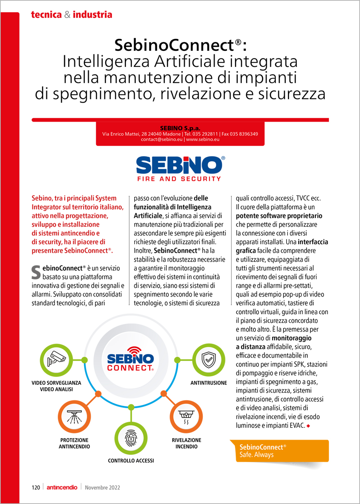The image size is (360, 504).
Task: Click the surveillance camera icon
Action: coord(56,360)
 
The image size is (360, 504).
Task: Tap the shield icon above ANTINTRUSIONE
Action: coord(208,360)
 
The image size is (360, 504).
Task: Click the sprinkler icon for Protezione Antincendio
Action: coord(75,417)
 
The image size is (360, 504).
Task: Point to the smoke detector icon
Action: coord(186,417)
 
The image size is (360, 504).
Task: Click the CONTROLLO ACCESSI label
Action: coord(131,460)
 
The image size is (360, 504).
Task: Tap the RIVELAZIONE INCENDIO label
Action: coord(186,443)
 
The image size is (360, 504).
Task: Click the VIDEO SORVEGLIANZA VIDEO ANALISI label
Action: coord(56,386)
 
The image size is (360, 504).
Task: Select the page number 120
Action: coord(36,487)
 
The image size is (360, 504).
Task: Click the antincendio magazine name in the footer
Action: coord(62,487)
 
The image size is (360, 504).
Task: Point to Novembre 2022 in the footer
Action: coord(102,487)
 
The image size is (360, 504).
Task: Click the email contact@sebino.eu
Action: coord(162,139)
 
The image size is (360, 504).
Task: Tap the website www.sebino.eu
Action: coord(203,139)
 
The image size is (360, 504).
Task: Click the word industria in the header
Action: coord(92,15)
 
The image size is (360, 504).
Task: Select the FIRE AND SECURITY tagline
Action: coord(179,179)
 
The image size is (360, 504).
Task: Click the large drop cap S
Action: coord(36,272)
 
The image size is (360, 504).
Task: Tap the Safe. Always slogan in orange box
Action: coord(256,455)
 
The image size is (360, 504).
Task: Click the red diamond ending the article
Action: coord(308,426)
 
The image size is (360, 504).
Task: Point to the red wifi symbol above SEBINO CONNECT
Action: coord(135,350)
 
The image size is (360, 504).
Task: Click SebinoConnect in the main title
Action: coord(174,45)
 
